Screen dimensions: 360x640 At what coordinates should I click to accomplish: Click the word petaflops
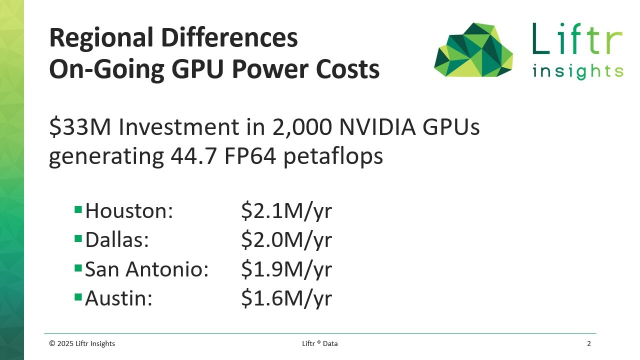[333, 156]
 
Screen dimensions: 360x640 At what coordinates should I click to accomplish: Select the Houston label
[129, 211]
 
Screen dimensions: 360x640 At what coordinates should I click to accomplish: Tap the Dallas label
[117, 240]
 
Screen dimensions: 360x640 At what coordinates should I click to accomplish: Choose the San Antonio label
[146, 269]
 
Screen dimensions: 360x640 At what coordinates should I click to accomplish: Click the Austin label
[118, 298]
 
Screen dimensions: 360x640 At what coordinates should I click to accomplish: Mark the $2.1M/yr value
[286, 211]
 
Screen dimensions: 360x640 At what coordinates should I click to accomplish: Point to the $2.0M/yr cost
[286, 240]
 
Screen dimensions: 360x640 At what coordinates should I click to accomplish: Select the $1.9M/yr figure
[286, 269]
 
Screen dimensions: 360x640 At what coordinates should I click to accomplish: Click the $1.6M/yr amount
[286, 298]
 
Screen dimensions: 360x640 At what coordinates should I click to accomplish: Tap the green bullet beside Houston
[78, 209]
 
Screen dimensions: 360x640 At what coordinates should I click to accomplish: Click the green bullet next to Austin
[78, 297]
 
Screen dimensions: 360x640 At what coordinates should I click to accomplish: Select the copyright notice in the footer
[82, 343]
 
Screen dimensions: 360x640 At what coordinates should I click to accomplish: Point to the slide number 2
[589, 343]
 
